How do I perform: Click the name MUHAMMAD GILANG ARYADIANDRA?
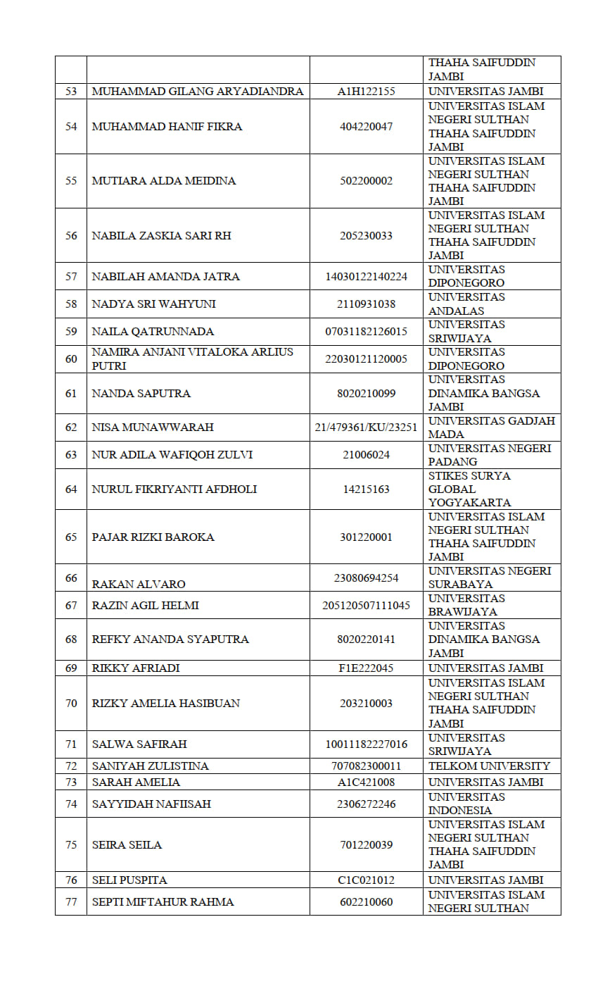[198, 92]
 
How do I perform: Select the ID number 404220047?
[366, 127]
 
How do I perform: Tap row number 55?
[71, 181]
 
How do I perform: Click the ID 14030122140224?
[366, 277]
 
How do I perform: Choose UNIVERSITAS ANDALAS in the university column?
[466, 304]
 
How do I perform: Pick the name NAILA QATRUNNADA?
[153, 332]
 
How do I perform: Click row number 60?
[71, 359]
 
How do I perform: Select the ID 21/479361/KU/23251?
[366, 428]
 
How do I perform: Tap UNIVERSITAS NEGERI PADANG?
[489, 455]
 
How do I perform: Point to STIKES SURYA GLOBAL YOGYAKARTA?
[469, 489]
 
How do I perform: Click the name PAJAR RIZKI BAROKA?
[153, 537]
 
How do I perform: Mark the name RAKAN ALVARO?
[139, 584]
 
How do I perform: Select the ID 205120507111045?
[366, 606]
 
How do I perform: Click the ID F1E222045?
[366, 668]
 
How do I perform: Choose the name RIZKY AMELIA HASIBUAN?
[165, 704]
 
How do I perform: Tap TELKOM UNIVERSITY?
[489, 766]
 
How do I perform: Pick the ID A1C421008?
[366, 782]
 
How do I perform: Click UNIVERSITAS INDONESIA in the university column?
[466, 804]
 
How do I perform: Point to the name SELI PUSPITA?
[129, 880]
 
